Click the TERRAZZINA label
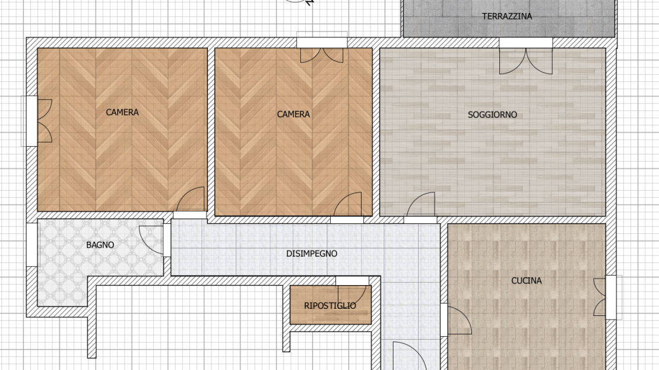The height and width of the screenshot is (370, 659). tap(507, 17)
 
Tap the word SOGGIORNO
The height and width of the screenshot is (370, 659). tap(492, 115)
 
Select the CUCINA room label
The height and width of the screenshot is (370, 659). tap(526, 280)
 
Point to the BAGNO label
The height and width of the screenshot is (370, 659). tap(100, 245)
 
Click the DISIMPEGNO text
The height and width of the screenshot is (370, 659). tap(312, 254)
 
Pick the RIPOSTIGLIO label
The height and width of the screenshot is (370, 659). tap(330, 306)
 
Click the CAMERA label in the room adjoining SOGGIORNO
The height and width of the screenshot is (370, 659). tap(293, 114)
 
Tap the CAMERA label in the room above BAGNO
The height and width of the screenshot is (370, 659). tap(122, 112)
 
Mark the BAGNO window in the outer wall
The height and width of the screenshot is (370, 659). tap(32, 244)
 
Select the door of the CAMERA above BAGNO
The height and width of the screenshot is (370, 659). tap(190, 201)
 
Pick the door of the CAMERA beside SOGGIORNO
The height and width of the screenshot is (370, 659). tap(347, 206)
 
